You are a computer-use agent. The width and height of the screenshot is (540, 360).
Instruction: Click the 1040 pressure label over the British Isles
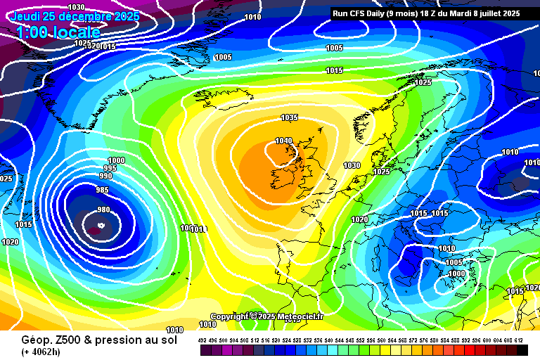tap(283, 141)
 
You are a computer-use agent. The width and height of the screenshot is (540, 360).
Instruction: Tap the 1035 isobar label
tap(289, 117)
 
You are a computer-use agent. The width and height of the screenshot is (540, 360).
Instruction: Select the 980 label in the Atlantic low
tap(103, 210)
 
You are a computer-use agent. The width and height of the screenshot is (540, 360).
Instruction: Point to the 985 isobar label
tap(103, 190)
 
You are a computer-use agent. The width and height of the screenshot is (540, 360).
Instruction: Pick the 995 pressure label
tap(110, 168)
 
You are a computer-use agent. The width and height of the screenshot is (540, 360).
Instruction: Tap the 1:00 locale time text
tap(58, 32)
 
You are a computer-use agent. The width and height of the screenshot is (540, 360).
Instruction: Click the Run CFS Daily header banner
tap(425, 13)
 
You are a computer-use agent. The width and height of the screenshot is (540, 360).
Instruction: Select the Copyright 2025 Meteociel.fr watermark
tap(266, 316)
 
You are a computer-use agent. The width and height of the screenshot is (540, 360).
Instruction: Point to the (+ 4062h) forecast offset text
tap(43, 352)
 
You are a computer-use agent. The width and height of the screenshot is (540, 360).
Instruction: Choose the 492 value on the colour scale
tap(202, 340)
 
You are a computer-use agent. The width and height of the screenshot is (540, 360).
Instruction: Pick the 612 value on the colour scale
tap(518, 340)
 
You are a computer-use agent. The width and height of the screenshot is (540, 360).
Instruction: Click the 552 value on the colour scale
tap(361, 340)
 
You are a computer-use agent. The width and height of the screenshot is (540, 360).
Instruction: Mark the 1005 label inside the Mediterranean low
tap(454, 262)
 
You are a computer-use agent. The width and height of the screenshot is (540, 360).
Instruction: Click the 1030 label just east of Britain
tap(352, 165)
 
